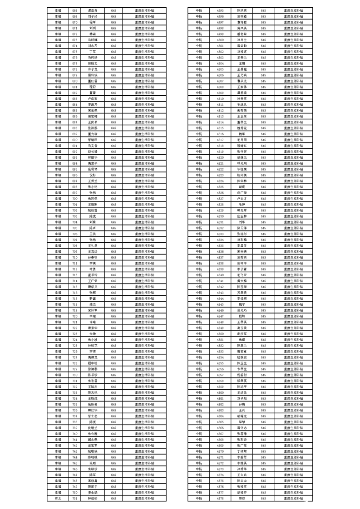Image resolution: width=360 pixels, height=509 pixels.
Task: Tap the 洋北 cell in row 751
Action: [58, 498]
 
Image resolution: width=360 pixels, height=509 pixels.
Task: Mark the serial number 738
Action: [75, 422]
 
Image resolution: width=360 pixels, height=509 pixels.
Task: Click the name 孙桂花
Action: [93, 346]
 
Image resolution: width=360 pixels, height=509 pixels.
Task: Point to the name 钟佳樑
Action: [93, 498]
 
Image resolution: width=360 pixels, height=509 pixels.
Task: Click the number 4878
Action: [220, 498]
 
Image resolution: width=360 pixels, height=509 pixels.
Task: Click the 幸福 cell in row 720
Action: [58, 316]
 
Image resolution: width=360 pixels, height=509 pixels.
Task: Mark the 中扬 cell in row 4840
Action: [199, 275]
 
